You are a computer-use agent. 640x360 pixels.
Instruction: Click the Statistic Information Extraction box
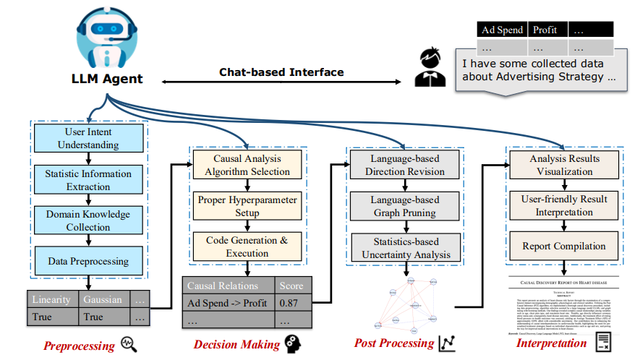tap(88, 179)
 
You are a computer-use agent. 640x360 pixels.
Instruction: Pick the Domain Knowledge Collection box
tap(88, 220)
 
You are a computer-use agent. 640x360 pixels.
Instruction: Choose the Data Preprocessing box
tap(88, 261)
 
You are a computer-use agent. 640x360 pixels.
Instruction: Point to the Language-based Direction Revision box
tap(405, 165)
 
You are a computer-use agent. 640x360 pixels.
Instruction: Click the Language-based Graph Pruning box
tap(405, 205)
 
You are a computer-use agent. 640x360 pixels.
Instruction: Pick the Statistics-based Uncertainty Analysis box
tap(405, 247)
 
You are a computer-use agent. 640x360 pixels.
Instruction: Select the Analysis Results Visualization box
tap(564, 165)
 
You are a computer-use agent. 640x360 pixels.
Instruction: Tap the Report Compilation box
tap(564, 246)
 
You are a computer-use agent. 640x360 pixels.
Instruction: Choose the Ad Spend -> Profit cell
tap(227, 303)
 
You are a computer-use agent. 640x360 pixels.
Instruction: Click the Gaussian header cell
tap(102, 299)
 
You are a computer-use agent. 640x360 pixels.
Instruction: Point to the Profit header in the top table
tap(547, 30)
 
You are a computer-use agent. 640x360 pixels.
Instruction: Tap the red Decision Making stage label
tap(236, 344)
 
